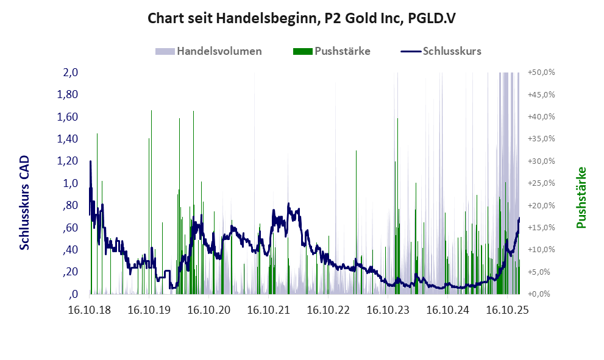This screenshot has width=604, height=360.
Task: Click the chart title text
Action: (302, 19)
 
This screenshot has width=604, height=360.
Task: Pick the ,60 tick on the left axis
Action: (70, 227)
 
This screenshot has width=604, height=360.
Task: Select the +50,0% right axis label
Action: (541, 72)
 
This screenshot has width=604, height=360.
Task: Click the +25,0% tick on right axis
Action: (541, 183)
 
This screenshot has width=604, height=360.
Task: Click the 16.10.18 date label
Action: (90, 310)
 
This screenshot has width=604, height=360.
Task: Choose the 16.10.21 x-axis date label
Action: (269, 310)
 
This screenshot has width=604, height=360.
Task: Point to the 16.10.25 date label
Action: (508, 310)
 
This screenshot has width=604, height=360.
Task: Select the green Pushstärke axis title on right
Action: (581, 197)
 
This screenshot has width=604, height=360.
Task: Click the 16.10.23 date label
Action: (388, 310)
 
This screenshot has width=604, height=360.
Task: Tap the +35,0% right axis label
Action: (541, 139)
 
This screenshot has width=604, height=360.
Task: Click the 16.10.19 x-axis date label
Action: (149, 310)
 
